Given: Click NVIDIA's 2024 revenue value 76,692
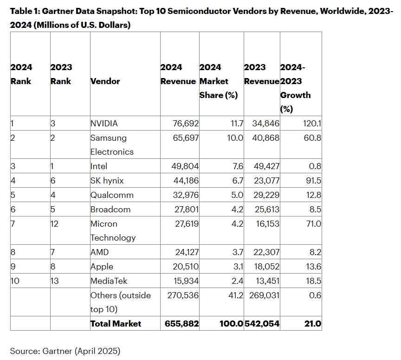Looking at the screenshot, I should click(x=186, y=124).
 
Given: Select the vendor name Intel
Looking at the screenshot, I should click(x=99, y=166).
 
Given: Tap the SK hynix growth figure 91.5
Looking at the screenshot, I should click(x=311, y=181).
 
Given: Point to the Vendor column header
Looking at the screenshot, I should click(x=105, y=81).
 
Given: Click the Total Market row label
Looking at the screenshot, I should click(x=116, y=324).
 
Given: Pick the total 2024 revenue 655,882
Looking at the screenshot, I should click(x=181, y=324).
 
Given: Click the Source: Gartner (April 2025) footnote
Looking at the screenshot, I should click(x=65, y=351).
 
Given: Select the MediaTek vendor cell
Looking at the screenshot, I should click(x=109, y=281).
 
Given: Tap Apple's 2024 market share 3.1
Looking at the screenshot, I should click(x=235, y=267).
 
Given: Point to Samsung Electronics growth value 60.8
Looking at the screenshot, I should click(x=311, y=138).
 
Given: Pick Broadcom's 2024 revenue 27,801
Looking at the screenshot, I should click(x=186, y=209).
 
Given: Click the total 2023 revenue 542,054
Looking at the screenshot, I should click(x=262, y=324).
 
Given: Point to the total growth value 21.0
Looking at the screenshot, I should click(x=312, y=324).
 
